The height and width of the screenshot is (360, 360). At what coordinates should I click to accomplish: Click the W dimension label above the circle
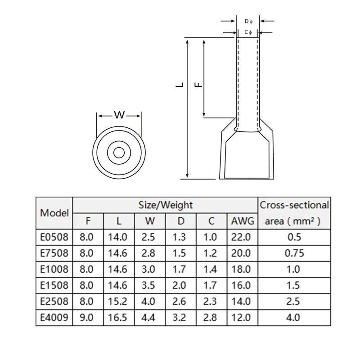pos(119,115)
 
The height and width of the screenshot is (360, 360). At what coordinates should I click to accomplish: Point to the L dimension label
pos(180,85)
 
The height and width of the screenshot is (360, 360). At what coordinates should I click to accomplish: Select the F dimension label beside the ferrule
pos(198,85)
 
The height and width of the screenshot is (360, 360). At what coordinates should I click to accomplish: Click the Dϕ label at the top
pos(248,21)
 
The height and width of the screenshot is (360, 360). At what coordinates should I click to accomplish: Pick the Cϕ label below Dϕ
pos(248,32)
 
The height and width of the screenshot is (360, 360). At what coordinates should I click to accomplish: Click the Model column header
pos(54,213)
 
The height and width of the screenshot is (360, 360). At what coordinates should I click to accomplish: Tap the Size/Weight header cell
pos(166,205)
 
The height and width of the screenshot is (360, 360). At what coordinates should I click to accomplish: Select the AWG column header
pos(243,221)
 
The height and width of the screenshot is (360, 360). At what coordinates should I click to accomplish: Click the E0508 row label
pos(54,237)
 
